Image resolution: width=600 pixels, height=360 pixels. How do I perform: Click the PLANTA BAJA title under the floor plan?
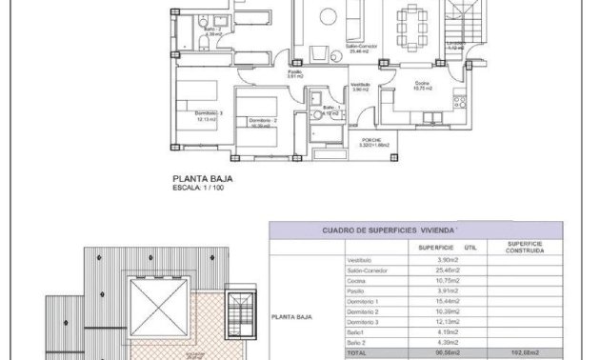(202, 177)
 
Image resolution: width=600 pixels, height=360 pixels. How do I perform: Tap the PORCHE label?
(370, 140)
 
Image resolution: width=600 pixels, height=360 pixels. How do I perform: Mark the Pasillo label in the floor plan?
(295, 72)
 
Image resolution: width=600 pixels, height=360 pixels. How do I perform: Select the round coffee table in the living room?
(327, 13)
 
